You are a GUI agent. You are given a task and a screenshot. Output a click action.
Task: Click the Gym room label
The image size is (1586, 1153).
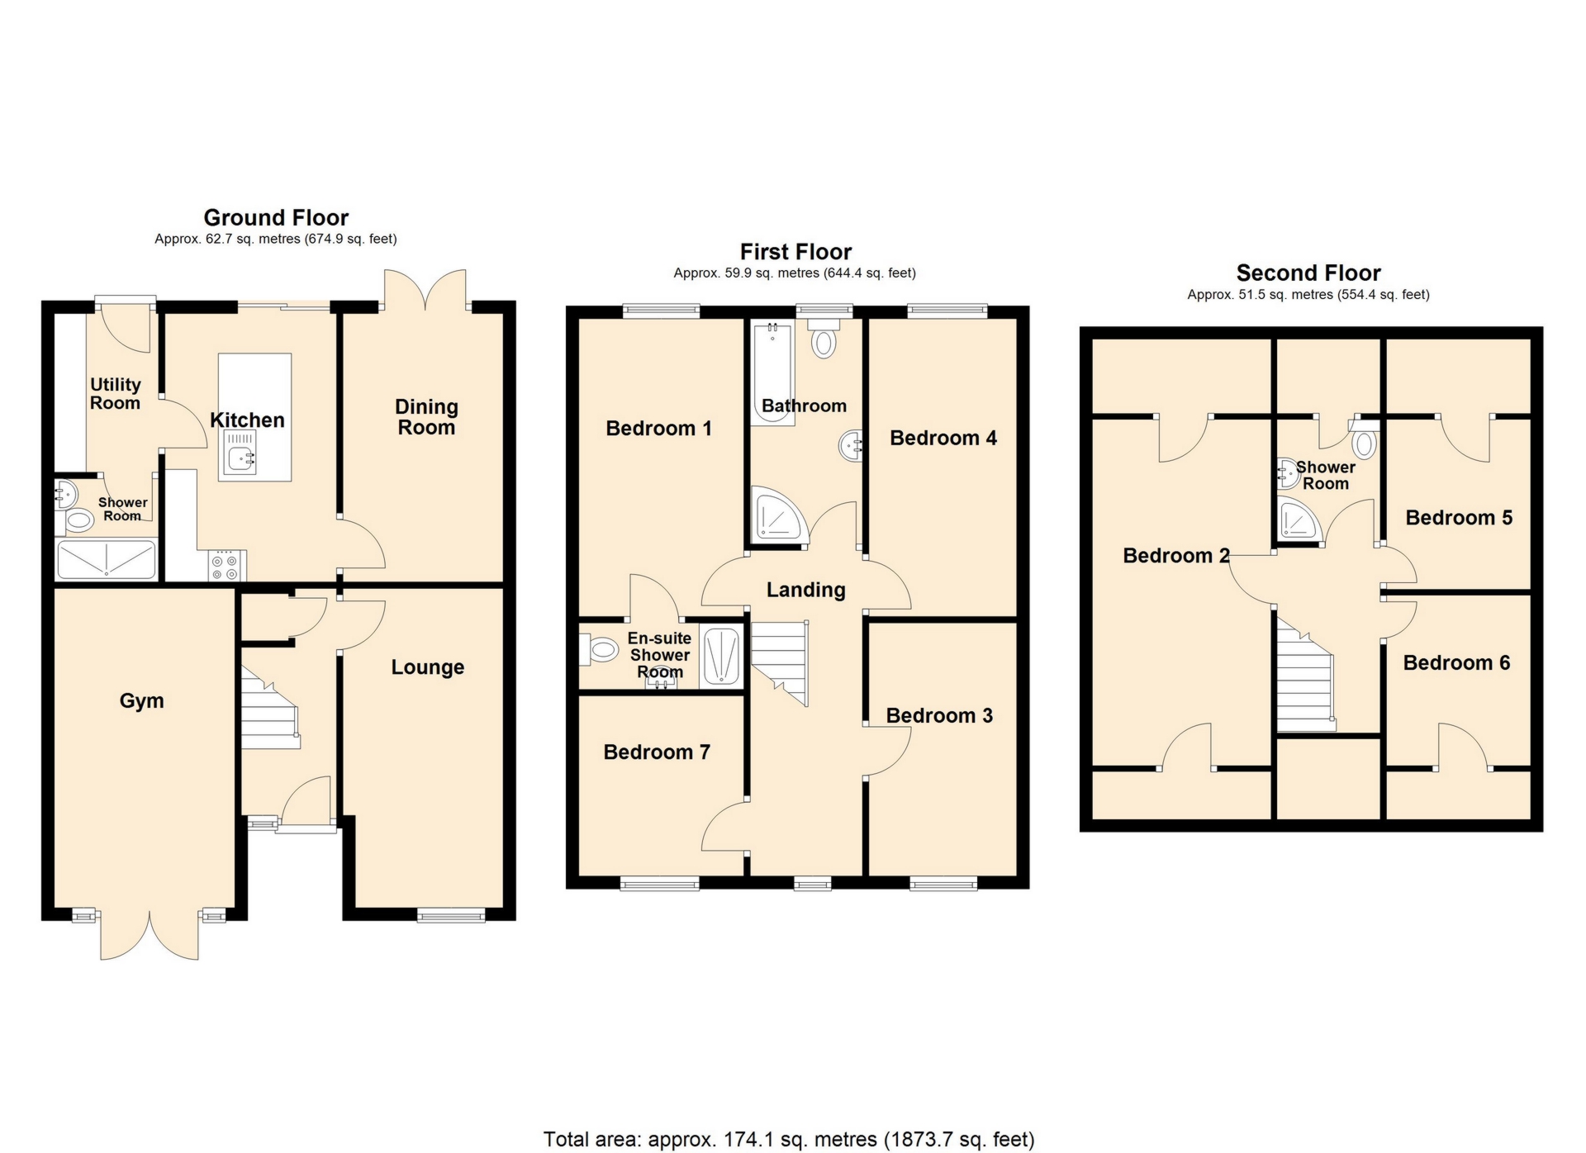[x=141, y=701]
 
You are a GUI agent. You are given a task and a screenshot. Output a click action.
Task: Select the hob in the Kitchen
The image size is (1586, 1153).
[x=225, y=566]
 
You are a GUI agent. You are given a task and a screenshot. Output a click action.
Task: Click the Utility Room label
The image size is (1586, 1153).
[x=115, y=394]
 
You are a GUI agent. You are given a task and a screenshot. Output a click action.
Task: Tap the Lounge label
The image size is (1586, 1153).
[x=427, y=667]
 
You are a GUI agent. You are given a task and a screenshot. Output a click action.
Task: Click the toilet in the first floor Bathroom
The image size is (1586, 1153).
[x=824, y=341]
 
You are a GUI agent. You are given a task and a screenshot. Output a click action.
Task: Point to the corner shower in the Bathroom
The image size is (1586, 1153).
[x=777, y=517]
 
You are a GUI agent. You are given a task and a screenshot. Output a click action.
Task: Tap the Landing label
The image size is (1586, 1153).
[x=805, y=590]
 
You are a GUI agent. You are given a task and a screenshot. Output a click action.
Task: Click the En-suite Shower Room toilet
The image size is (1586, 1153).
[x=599, y=650]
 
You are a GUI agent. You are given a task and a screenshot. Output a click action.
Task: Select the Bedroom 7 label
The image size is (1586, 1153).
[x=657, y=752]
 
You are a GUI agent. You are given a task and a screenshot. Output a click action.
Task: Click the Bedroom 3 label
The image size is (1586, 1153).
[x=939, y=716]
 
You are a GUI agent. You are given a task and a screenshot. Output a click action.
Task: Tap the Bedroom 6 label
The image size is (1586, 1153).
[x=1456, y=663]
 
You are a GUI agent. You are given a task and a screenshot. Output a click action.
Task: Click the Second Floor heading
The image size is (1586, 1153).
[x=1308, y=273]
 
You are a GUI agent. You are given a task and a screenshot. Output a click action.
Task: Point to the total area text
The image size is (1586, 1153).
[x=788, y=1140]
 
